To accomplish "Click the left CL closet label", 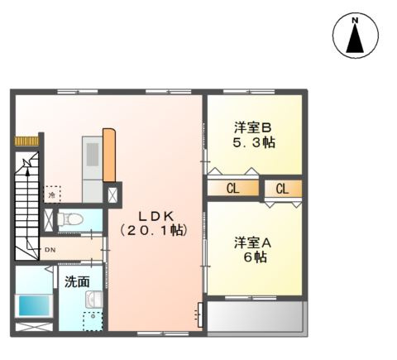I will pos(233,189).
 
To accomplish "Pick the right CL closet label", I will pos(282,189).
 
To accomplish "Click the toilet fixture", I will pos(72,219).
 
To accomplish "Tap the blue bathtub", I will pos(34,304).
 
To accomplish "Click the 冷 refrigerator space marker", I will pos(52,194).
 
